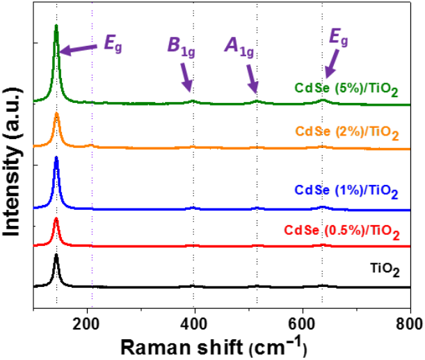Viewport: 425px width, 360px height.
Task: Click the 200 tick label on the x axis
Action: click(x=88, y=323)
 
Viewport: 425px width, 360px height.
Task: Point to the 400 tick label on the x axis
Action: click(x=195, y=323)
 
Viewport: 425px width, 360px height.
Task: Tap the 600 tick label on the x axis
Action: click(x=303, y=323)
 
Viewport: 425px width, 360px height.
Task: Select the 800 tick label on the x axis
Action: click(x=409, y=323)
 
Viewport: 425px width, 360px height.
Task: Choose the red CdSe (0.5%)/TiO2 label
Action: click(x=341, y=231)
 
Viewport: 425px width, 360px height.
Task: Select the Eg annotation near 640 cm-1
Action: click(x=339, y=38)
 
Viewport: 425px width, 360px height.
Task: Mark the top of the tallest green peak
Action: click(x=56, y=26)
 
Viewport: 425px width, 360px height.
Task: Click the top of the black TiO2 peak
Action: click(x=56, y=256)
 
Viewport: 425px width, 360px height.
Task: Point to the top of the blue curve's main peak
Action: click(x=56, y=158)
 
